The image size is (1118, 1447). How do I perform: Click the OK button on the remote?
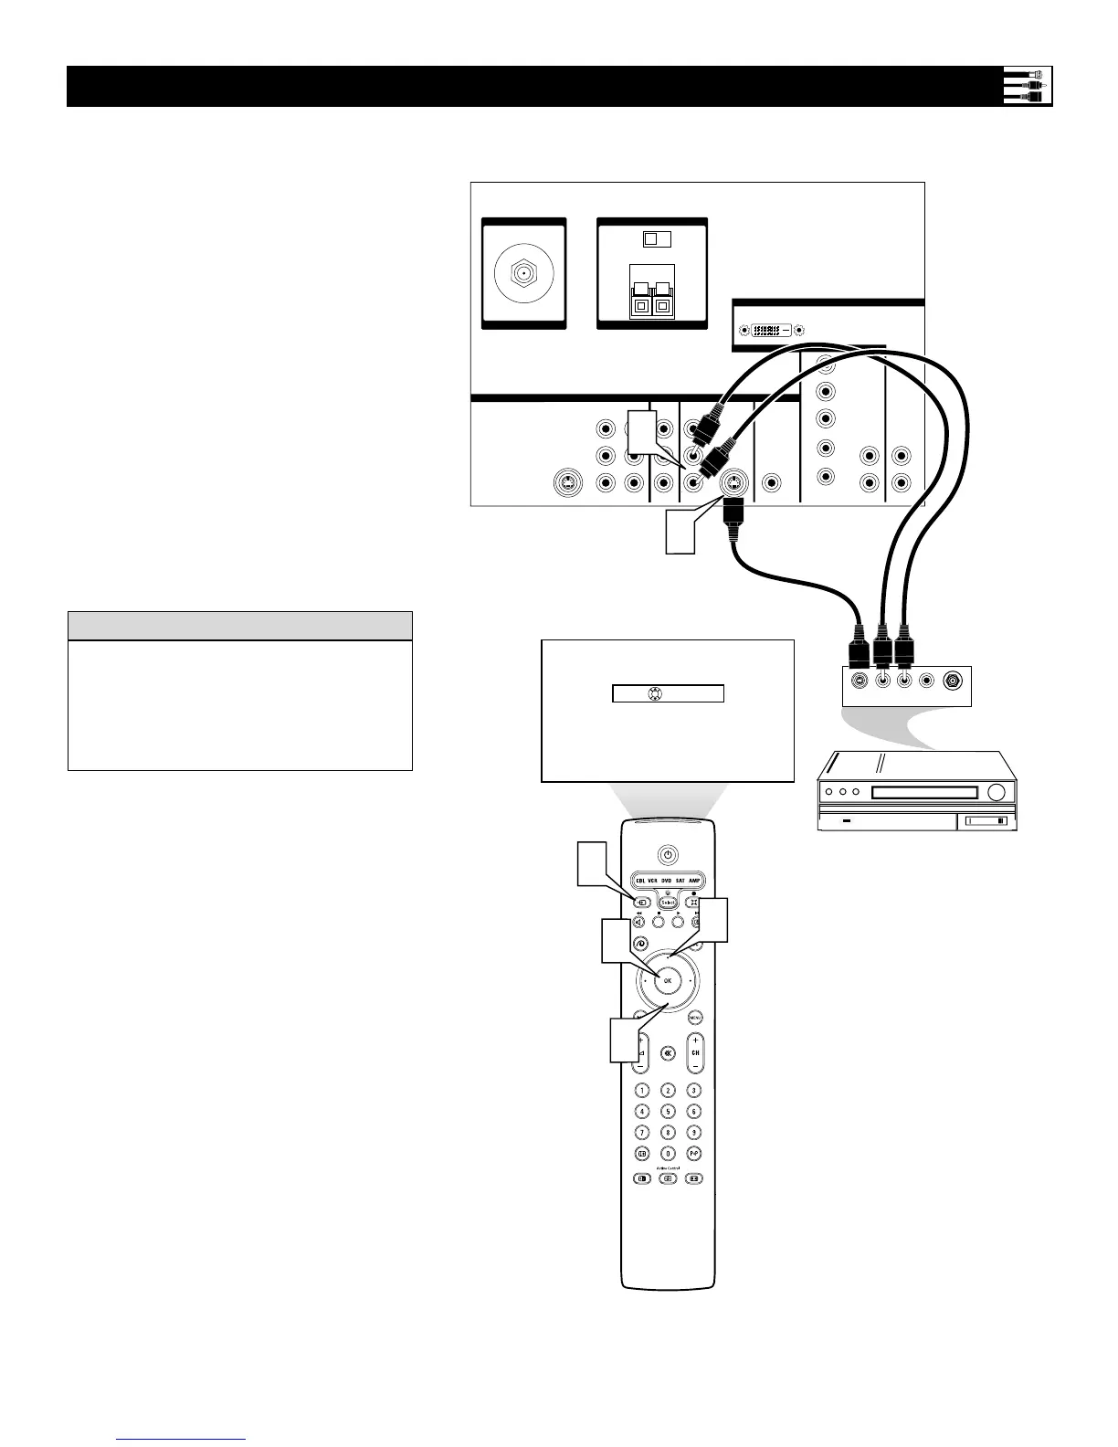668,980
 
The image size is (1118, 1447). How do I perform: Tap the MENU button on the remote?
696,1017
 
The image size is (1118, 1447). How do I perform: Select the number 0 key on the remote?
668,1154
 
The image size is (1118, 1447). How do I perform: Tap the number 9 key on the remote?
694,1133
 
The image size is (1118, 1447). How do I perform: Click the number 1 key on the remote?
642,1090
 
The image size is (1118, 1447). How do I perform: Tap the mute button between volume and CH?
668,1052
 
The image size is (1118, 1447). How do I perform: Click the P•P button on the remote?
694,1154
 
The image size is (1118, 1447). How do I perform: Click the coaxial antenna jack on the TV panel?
523,273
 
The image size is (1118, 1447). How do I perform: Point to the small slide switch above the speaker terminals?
655,238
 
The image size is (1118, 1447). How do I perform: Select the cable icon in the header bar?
1028,86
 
